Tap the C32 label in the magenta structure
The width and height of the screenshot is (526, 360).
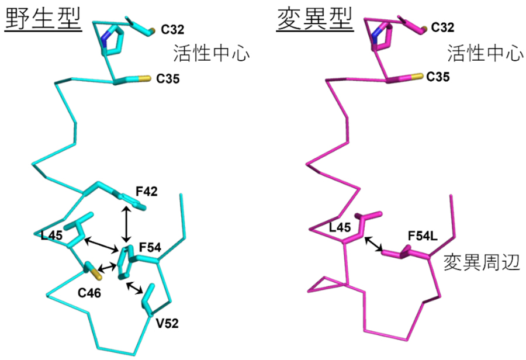pos(442,27)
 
